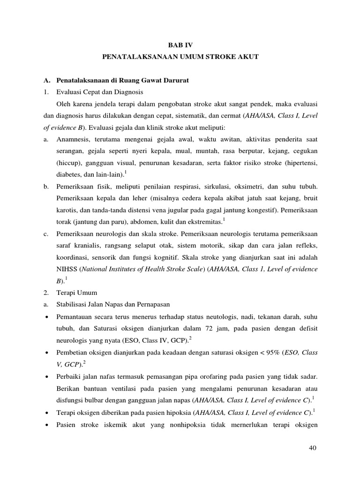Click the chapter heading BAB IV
point(180,45)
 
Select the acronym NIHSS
point(67,269)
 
